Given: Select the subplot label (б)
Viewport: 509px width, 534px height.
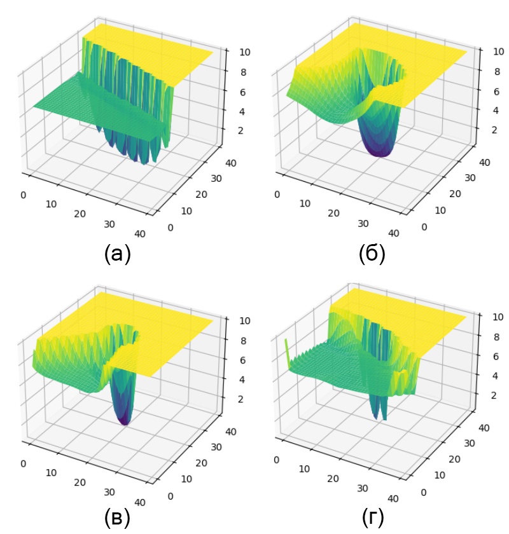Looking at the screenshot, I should click(x=372, y=254).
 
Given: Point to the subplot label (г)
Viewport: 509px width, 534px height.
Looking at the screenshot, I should click(x=372, y=518).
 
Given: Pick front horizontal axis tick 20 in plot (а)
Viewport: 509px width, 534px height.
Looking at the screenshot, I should click(x=80, y=214).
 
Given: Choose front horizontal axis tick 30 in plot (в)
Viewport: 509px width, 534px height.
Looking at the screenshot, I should click(x=110, y=491).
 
